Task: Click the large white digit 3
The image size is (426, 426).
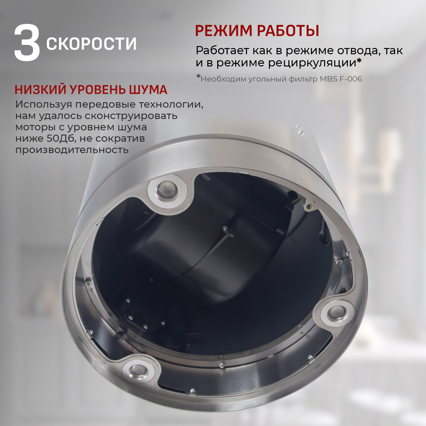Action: pos(27,43)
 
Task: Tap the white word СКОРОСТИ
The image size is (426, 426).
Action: pos(91,44)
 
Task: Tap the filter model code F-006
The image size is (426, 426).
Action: pos(351,79)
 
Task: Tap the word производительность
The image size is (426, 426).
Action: pos(72,150)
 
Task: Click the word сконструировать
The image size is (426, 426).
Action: pos(131,116)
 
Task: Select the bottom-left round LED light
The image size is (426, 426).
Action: pos(138,371)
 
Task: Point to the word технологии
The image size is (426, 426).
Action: pos(171,105)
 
